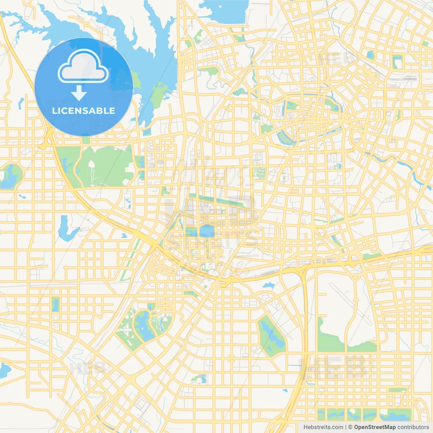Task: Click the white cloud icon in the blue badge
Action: [x=83, y=66]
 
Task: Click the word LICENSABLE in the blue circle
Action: [x=84, y=111]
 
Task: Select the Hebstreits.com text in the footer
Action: [x=323, y=427]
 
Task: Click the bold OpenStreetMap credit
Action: [x=374, y=427]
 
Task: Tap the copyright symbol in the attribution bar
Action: [x=350, y=427]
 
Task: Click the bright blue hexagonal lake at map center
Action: [x=207, y=231]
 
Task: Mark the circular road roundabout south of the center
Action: [x=231, y=358]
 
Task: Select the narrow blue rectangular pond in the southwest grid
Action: [x=55, y=304]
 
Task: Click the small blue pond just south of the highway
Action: [x=268, y=286]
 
